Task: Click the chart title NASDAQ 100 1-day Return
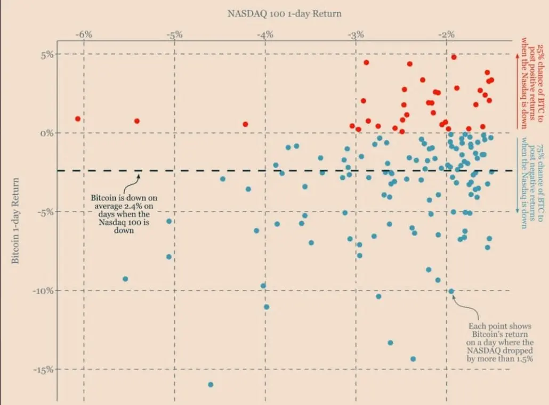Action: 284,13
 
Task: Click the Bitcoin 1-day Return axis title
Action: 15,221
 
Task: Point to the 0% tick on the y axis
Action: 47,133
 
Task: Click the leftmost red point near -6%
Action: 78,119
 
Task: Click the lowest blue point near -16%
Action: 211,384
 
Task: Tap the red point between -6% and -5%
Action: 137,121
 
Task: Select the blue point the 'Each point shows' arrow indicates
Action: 451,291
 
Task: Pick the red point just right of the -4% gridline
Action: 245,124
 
